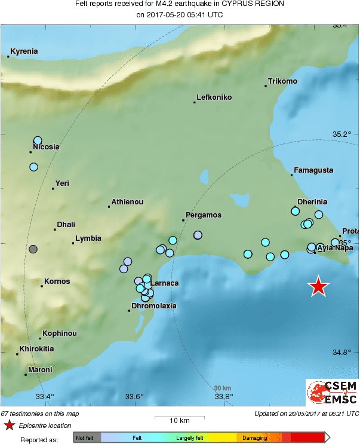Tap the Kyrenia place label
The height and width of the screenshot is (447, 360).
(24, 51)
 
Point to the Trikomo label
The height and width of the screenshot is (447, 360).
(282, 81)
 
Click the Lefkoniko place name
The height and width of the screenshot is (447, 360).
(214, 97)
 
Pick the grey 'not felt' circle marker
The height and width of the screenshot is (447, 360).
(33, 249)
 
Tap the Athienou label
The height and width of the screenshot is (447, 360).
(127, 202)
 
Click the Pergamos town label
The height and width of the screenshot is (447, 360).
(204, 215)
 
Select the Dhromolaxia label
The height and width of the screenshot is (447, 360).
(153, 305)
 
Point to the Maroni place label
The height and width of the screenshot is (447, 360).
(40, 370)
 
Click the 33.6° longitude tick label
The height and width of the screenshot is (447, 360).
(134, 396)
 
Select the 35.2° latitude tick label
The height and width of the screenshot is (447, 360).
(343, 134)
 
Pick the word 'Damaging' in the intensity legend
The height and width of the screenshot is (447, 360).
(255, 438)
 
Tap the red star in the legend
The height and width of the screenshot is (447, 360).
(10, 425)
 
